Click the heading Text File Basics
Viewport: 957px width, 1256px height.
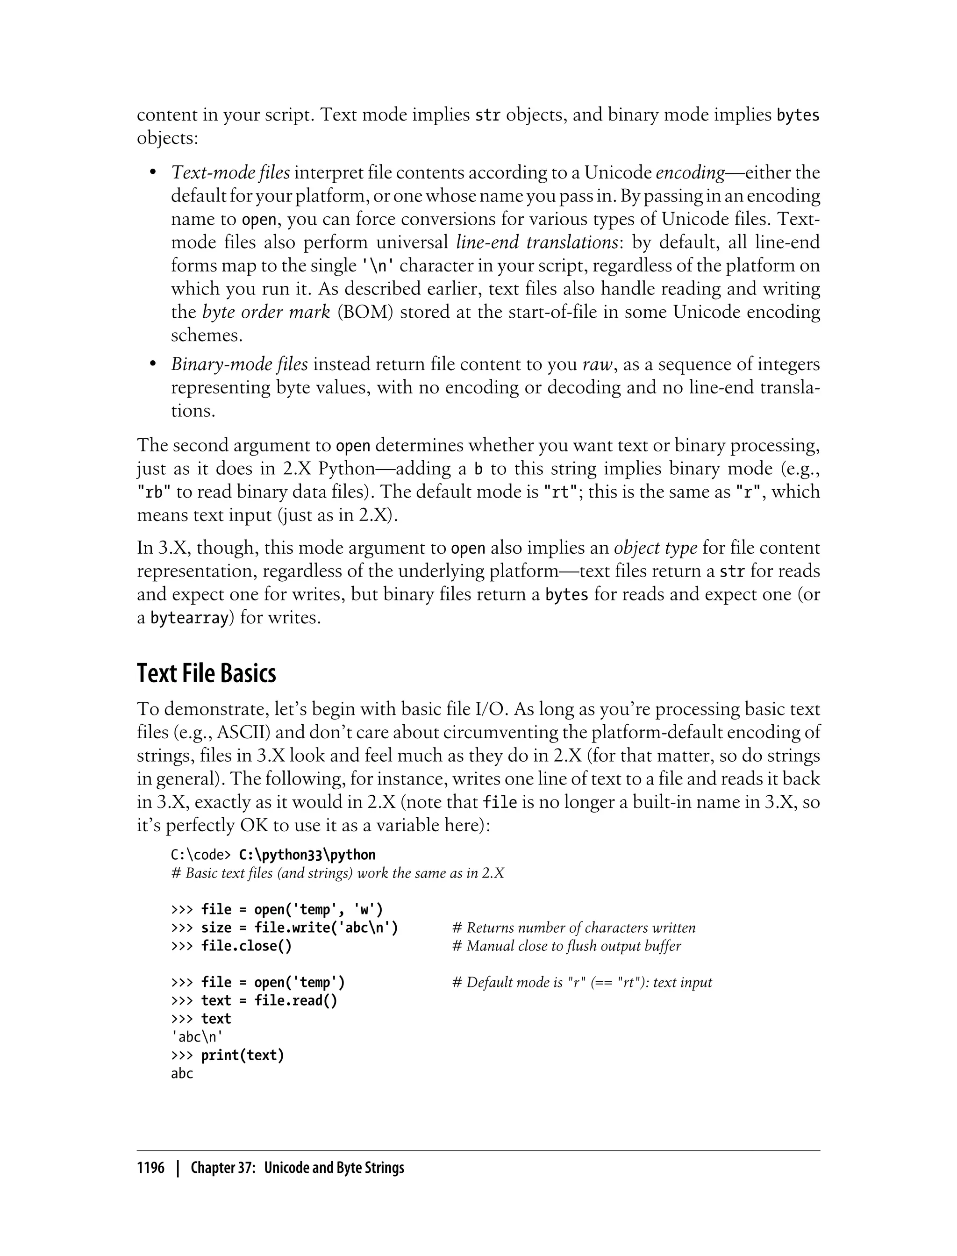(206, 673)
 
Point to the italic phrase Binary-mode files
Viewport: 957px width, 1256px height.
(239, 364)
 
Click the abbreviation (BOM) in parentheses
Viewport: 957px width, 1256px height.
(365, 312)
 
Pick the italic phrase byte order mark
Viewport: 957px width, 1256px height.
(266, 312)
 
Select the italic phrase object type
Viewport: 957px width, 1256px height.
(655, 548)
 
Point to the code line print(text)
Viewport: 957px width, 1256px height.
(242, 1056)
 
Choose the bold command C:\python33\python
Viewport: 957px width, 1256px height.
(307, 855)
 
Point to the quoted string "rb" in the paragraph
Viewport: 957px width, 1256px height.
(154, 492)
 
